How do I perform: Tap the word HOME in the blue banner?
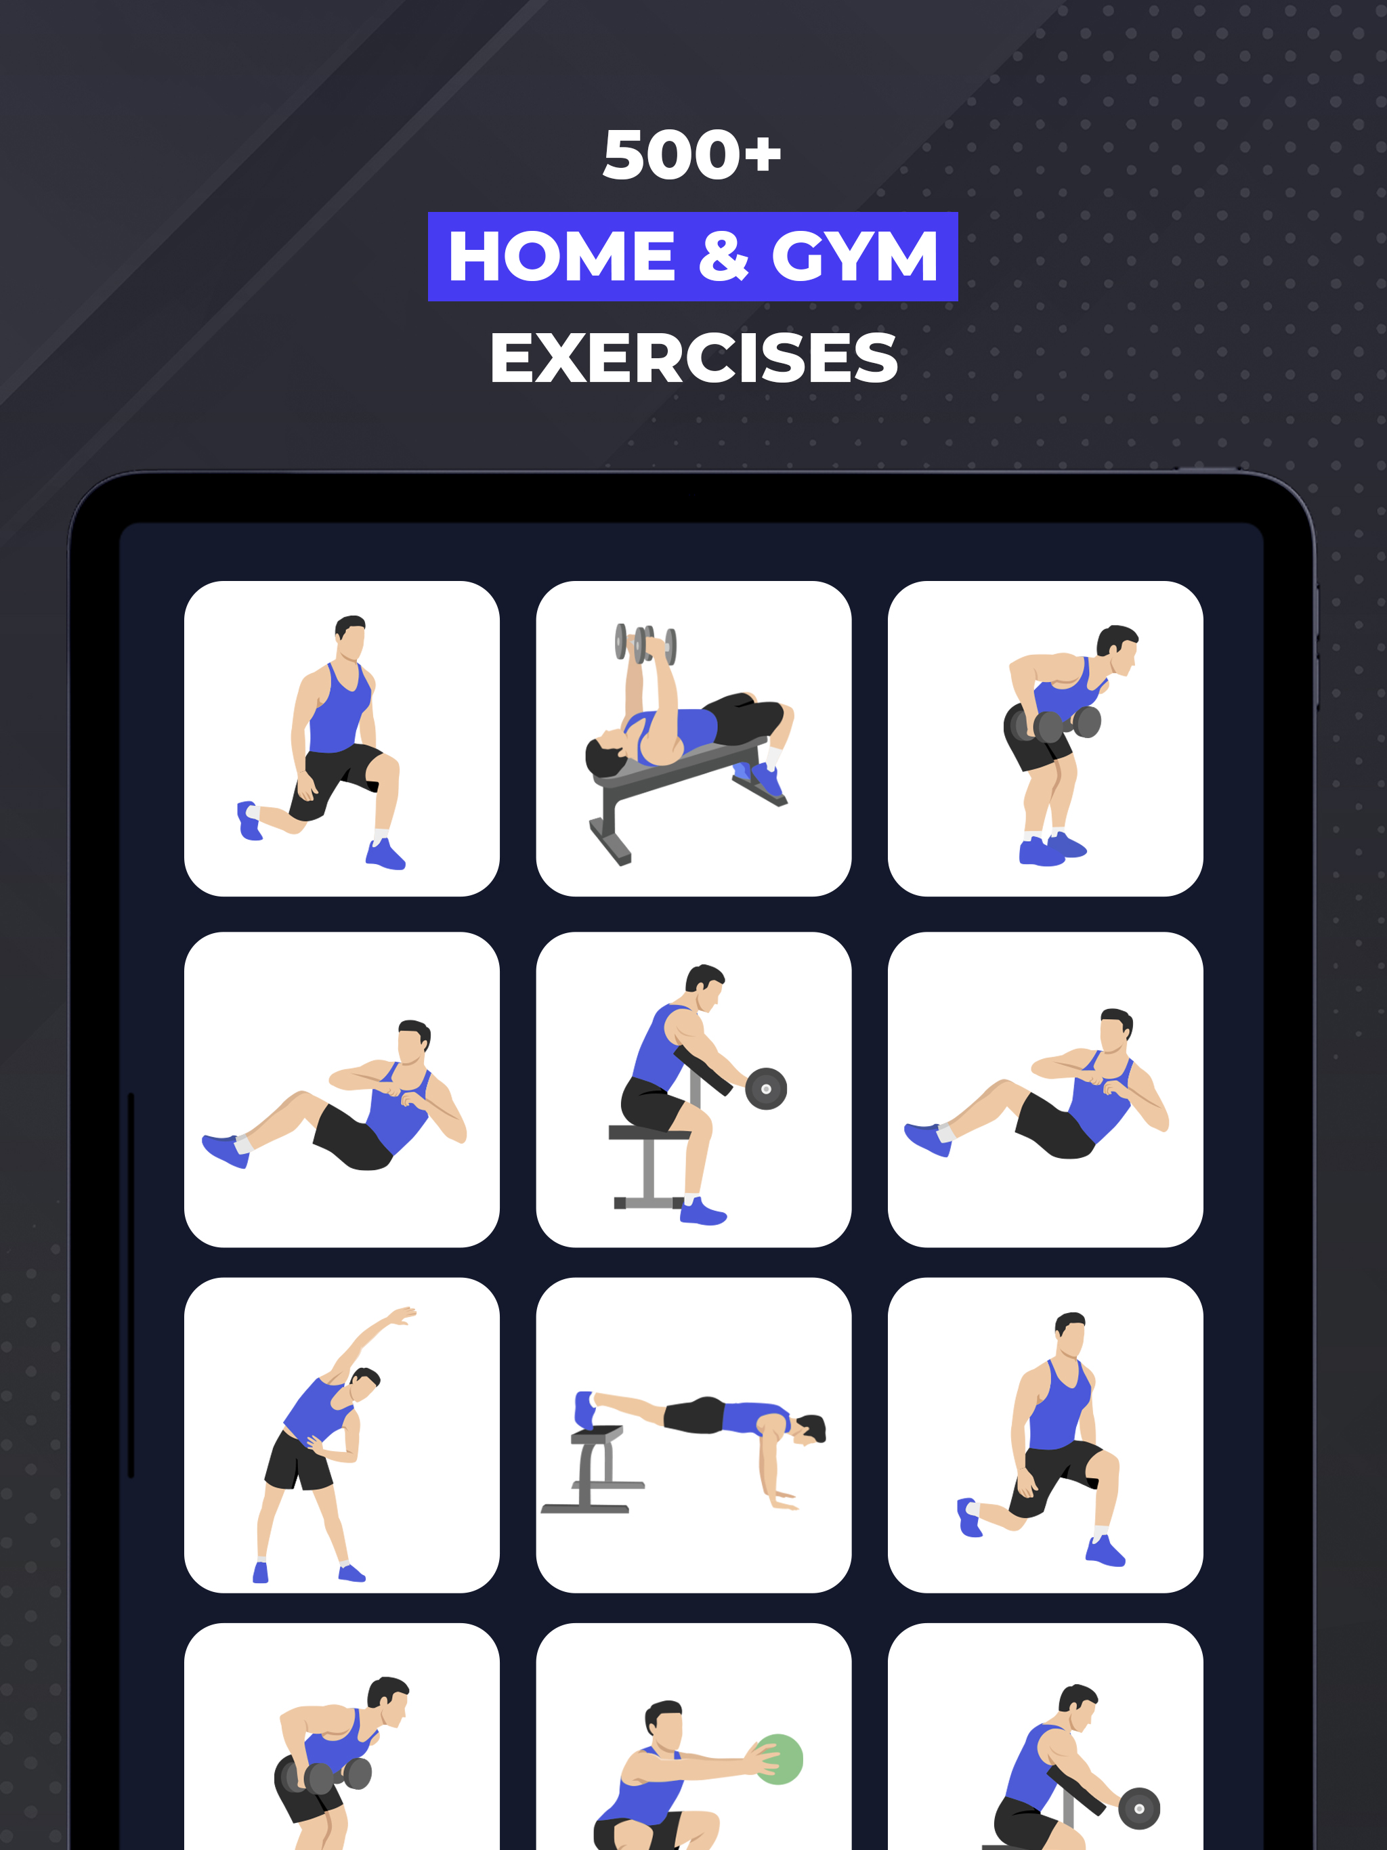pos(562,257)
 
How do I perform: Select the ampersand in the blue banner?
pos(723,257)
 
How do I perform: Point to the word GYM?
pos(854,257)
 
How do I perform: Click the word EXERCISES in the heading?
pos(693,359)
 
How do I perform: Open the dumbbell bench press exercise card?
pos(693,739)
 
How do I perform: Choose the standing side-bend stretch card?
pos(342,1435)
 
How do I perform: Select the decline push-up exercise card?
pos(693,1435)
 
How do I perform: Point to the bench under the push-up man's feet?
pos(593,1469)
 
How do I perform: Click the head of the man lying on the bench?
pos(604,754)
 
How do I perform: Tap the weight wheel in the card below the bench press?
pos(766,1089)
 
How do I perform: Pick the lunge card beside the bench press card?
pos(342,739)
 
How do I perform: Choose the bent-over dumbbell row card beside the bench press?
pos(1046,739)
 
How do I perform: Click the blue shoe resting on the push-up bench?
pos(584,1409)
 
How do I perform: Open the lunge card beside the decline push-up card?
pos(1046,1435)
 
